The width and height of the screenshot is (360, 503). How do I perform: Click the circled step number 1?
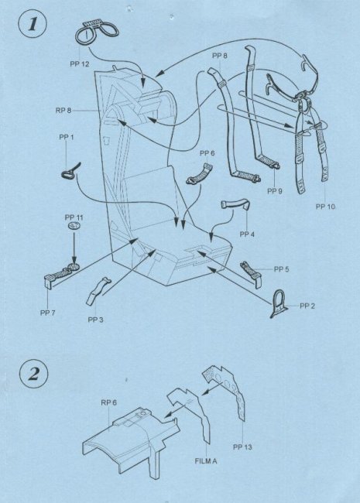[x=33, y=25]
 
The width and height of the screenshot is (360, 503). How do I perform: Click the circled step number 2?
[x=34, y=374]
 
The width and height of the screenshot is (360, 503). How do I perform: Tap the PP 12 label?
[x=80, y=64]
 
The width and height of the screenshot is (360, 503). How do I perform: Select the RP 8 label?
[x=63, y=111]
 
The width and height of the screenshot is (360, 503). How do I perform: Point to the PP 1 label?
[x=67, y=137]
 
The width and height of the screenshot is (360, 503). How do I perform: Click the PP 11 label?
[x=74, y=217]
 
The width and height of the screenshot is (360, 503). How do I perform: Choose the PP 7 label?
[x=48, y=313]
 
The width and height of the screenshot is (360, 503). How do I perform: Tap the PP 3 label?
[x=96, y=320]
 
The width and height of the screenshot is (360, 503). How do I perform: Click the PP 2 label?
[x=307, y=306]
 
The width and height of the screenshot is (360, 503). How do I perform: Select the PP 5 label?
[x=281, y=269]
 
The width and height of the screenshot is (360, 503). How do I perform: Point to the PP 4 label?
[x=247, y=234]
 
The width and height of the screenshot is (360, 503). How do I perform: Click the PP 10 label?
[x=325, y=207]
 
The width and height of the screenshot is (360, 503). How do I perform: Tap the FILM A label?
[x=206, y=461]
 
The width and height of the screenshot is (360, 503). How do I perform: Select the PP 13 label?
[x=242, y=447]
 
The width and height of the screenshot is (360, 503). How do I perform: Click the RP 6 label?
[x=108, y=402]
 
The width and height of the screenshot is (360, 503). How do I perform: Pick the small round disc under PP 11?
[x=74, y=225]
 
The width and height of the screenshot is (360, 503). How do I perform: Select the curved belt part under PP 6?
[x=199, y=176]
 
